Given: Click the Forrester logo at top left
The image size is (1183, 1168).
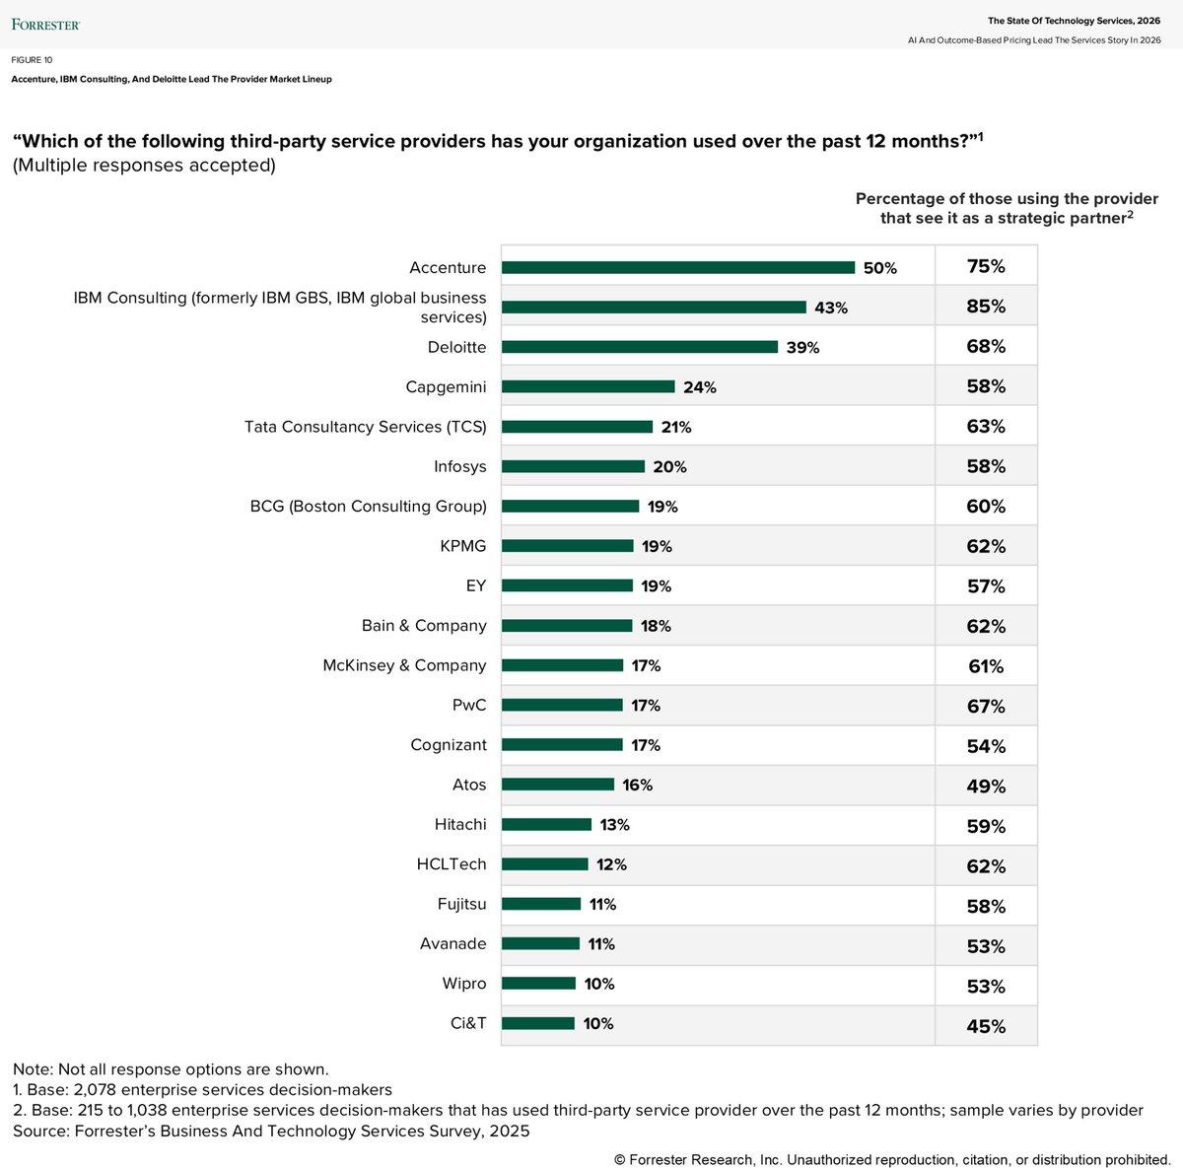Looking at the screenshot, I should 45,24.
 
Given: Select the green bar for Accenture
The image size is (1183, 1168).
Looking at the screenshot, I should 677,267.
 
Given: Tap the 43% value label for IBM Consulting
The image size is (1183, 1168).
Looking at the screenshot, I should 830,308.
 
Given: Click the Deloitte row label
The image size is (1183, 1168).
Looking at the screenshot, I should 456,347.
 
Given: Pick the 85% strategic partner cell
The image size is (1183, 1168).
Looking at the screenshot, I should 985,307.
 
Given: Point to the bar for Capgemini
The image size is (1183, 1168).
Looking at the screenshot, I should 588,386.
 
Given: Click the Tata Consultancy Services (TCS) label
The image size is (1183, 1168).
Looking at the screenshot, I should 365,427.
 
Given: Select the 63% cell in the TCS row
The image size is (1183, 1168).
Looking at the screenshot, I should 985,427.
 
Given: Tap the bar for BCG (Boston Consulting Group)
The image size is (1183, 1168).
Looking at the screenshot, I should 570,507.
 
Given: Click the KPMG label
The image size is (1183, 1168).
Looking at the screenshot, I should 462,546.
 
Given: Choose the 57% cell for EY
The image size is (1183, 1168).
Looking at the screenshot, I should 985,586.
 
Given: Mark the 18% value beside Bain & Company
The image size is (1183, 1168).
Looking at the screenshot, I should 656,626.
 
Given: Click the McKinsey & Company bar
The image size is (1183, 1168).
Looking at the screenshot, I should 562,665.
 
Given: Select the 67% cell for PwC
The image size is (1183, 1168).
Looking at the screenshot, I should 985,707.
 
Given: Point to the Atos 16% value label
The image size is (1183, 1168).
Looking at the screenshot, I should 637,786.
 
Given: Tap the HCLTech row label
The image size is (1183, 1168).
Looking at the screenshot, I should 451,864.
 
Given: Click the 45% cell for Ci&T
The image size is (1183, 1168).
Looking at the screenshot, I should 985,1026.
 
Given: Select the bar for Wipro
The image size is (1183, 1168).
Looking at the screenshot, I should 538,984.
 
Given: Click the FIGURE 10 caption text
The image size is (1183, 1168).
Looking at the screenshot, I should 33,60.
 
